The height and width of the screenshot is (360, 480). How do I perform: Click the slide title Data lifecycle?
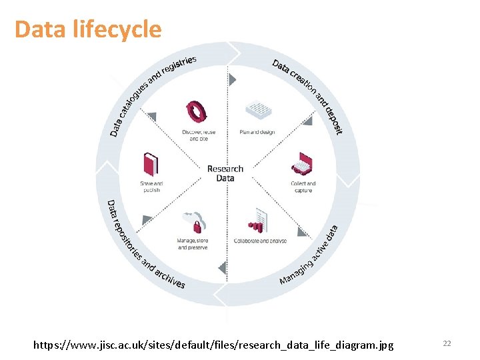click(x=87, y=29)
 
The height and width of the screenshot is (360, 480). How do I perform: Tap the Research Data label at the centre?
click(x=225, y=173)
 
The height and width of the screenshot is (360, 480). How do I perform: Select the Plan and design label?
click(x=257, y=132)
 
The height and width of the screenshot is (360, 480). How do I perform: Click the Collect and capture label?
click(x=303, y=187)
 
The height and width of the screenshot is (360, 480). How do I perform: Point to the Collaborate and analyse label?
click(x=260, y=241)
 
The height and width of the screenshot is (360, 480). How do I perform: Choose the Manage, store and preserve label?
click(x=193, y=244)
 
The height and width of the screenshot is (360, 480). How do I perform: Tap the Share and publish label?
click(x=151, y=187)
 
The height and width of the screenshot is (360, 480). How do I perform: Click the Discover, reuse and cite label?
click(x=199, y=135)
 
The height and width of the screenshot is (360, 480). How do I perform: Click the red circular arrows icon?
click(x=197, y=111)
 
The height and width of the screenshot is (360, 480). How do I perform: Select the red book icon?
click(x=151, y=165)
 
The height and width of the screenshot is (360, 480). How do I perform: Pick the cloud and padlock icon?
click(x=194, y=221)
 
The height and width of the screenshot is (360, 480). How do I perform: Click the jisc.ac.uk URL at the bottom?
click(x=214, y=344)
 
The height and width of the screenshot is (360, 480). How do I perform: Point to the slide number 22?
click(x=447, y=343)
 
